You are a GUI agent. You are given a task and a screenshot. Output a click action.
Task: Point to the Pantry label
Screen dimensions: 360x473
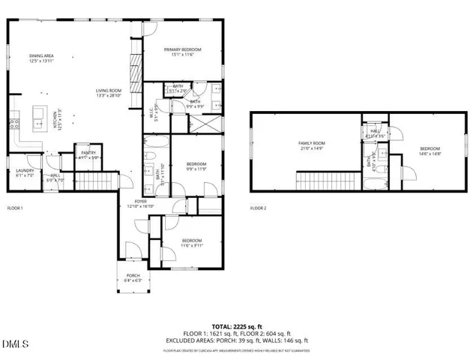89,155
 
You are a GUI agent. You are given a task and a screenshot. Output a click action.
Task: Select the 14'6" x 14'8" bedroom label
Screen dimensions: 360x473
430,151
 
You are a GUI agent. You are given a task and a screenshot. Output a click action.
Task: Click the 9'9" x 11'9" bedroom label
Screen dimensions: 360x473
196,166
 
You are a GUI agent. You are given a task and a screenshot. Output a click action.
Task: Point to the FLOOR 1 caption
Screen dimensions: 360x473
16,208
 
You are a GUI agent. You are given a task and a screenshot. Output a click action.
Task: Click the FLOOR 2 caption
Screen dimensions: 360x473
259,208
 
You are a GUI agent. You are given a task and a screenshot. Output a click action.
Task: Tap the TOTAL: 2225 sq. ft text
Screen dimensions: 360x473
235,327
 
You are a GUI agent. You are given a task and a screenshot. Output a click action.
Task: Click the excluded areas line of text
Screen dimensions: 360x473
235,340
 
